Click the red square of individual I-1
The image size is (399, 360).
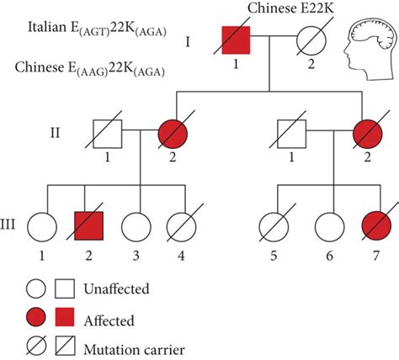236,40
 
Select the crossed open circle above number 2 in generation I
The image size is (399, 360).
311,40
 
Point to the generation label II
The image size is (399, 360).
56,133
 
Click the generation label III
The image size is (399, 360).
8,225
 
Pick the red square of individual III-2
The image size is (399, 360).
88,225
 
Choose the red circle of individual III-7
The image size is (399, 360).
376,226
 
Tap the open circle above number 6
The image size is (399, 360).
329,226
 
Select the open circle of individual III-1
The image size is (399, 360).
42,227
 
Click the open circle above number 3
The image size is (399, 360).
136,227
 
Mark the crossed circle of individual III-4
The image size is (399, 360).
181,226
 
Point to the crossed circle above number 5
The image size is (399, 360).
274,226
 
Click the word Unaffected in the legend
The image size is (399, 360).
116,289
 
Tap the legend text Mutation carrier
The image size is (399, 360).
134,350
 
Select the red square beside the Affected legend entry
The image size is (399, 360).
65,317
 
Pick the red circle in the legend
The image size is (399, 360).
36,317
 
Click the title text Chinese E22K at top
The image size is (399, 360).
290,8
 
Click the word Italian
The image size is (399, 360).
46,28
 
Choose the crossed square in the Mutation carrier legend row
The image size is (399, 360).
65,346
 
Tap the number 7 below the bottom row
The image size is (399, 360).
376,256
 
